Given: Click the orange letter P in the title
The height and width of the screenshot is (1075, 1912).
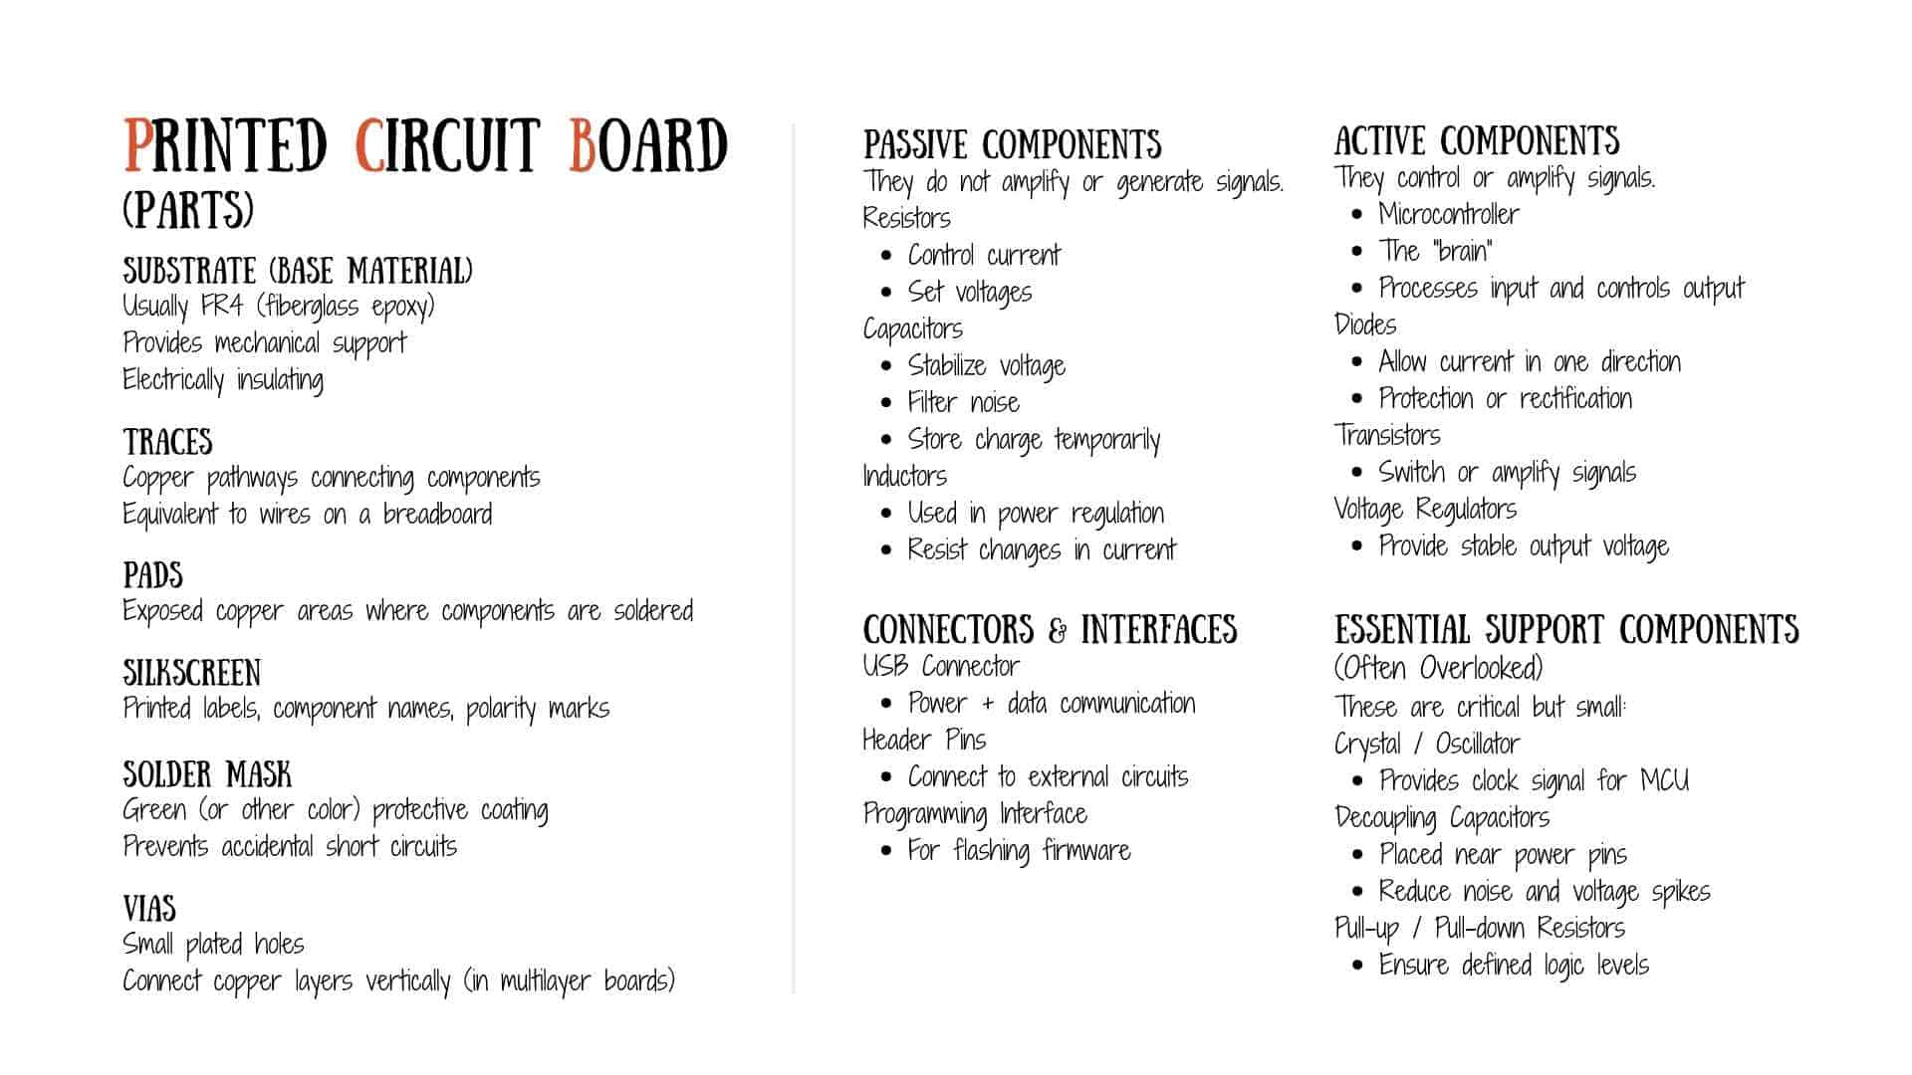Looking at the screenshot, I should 138,146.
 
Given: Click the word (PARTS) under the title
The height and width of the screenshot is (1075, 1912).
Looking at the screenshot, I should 188,210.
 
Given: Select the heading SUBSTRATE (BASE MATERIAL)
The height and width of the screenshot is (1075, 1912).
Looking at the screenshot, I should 298,271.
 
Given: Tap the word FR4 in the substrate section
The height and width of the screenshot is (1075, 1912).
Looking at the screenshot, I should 221,307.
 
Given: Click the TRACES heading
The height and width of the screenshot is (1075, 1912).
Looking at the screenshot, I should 167,442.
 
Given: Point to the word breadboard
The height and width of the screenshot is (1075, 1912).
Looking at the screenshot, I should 437,515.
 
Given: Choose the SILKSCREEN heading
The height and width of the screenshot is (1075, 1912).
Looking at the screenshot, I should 191,673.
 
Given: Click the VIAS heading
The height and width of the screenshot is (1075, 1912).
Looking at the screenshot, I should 149,909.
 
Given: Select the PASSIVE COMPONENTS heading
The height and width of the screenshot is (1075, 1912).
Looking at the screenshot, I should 1012,145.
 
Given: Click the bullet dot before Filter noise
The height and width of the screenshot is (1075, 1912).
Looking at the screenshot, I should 886,403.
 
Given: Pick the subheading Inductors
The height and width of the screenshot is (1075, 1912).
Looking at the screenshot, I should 904,477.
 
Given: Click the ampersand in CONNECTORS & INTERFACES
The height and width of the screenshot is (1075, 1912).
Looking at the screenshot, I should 1058,630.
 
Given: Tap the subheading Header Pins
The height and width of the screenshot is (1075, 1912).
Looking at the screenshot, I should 924,741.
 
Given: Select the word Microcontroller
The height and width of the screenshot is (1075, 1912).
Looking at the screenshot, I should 1449,215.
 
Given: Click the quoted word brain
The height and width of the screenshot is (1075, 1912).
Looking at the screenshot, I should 1462,252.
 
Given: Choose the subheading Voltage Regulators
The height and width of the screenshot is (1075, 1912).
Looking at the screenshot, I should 1425,510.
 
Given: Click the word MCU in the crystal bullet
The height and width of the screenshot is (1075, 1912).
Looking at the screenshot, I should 1664,780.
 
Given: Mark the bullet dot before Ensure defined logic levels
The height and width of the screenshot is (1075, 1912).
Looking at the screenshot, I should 1357,966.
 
